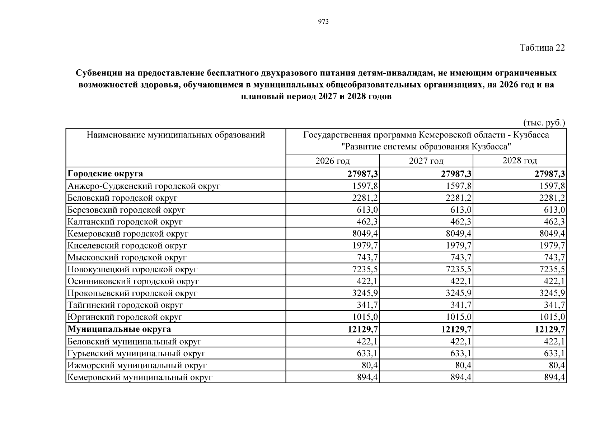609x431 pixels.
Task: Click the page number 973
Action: point(323,22)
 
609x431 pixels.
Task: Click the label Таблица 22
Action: point(542,48)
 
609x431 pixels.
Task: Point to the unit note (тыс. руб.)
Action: point(544,123)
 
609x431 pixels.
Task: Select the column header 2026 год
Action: point(332,161)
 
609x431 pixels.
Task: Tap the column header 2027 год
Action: point(426,161)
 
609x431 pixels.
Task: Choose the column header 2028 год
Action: point(519,161)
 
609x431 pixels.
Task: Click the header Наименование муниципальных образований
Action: point(176,135)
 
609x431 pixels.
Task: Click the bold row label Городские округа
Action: point(105,174)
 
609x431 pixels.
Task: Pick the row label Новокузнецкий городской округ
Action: point(132,269)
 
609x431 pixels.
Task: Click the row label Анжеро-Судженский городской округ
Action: point(144,186)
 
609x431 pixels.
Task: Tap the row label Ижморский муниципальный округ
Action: point(137,366)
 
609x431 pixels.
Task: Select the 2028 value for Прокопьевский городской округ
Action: point(552,293)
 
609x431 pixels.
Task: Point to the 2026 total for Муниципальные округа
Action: point(363,329)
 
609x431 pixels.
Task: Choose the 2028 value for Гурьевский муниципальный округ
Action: point(554,353)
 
